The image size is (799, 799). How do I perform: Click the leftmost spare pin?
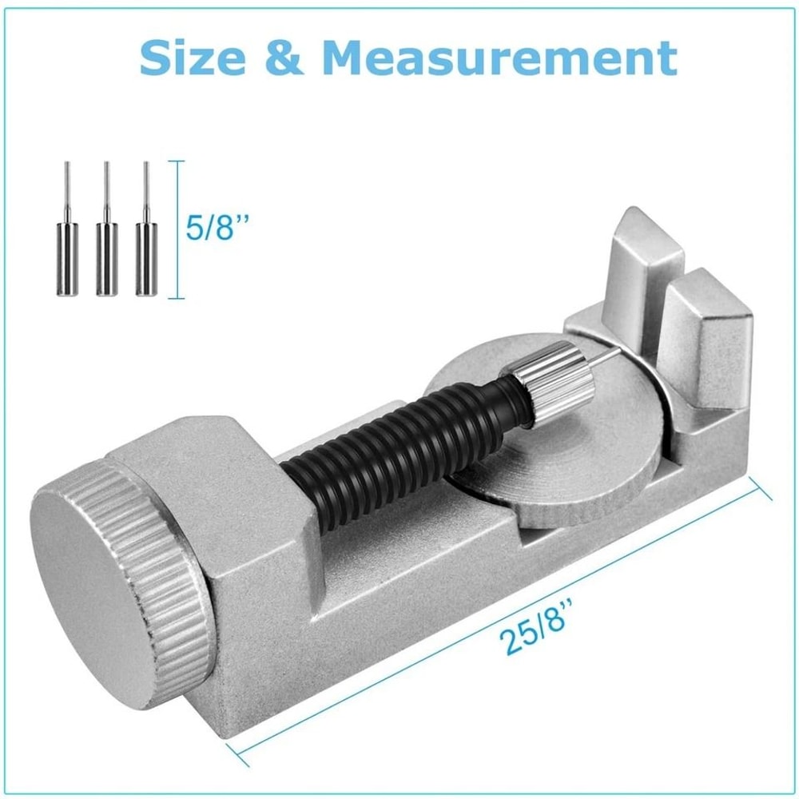coord(66,240)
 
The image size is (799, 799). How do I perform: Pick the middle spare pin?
coord(106,240)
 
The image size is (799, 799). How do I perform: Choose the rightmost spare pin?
coord(146,240)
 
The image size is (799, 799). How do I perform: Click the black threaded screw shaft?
coord(399,455)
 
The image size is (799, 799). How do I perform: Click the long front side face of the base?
coord(479,607)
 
